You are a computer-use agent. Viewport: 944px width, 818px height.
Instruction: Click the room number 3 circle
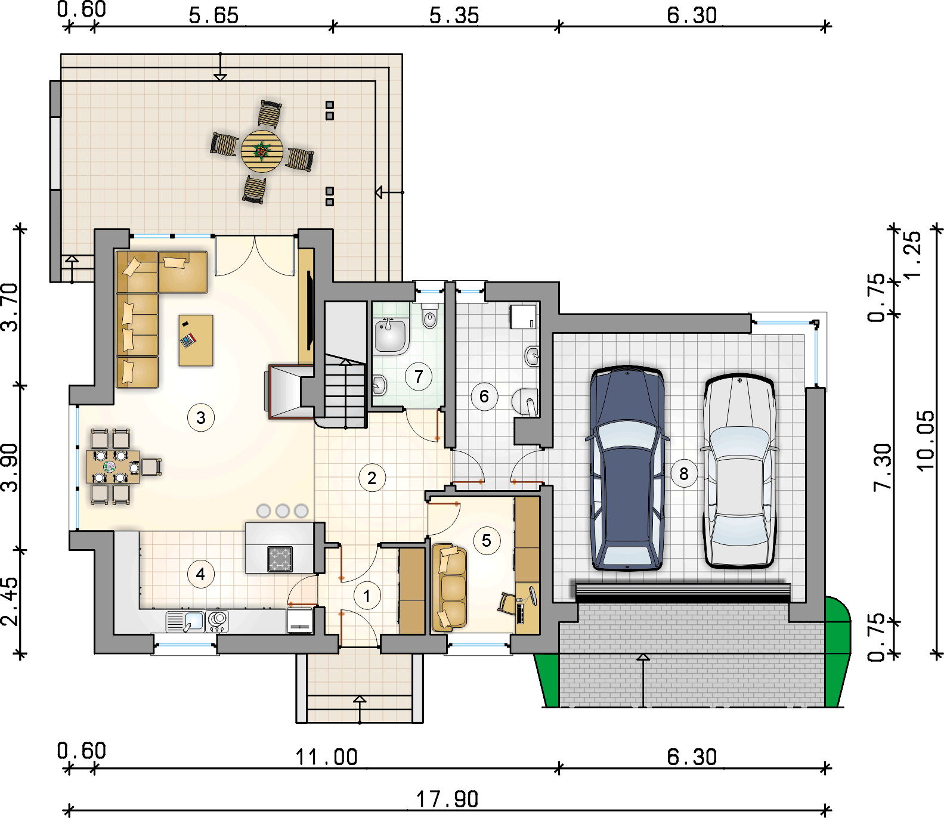click(201, 418)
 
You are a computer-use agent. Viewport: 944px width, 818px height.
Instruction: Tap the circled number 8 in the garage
click(684, 474)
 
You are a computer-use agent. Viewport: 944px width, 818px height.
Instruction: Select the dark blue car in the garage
click(627, 468)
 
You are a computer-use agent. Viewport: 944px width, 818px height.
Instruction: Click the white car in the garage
click(739, 470)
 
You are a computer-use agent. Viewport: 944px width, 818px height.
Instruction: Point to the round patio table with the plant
click(262, 151)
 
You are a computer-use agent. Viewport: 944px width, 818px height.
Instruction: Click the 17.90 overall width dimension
click(447, 799)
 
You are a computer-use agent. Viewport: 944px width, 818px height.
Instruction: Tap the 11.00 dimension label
click(327, 757)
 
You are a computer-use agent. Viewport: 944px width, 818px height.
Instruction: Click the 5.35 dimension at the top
click(454, 16)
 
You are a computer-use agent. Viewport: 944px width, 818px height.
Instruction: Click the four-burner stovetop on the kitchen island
click(280, 559)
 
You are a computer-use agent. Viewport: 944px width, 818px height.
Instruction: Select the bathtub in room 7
click(391, 336)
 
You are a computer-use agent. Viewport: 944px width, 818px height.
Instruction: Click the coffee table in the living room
click(196, 340)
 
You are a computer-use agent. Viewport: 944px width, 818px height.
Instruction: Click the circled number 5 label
click(487, 541)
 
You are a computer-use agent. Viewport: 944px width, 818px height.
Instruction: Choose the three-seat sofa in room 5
click(450, 587)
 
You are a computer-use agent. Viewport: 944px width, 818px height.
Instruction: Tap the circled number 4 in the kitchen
click(200, 574)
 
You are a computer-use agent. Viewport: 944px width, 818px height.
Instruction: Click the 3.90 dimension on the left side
click(10, 467)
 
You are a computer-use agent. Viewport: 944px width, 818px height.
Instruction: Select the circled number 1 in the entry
click(367, 596)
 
